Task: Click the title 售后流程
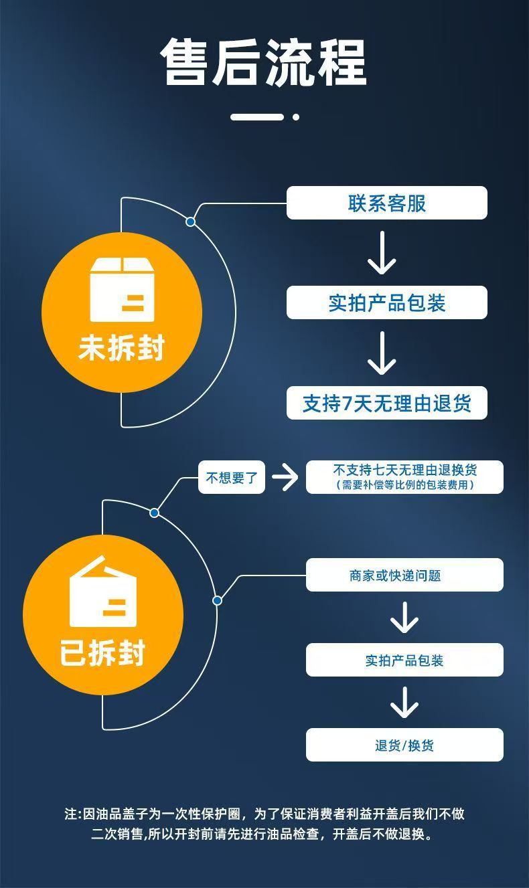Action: coord(264,63)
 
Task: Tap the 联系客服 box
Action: coord(386,203)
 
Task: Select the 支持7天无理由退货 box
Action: coord(386,403)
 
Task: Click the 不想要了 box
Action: coord(232,478)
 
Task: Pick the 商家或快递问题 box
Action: coord(404,575)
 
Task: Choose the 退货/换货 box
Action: coord(404,745)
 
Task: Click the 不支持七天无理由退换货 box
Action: coord(404,477)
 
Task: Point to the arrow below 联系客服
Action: coord(382,253)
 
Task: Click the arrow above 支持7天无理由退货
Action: coord(382,353)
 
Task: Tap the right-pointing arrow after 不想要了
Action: coord(285,478)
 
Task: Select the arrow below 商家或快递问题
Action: coord(404,617)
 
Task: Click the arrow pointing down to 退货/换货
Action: coord(404,702)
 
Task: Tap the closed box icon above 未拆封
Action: coord(122,289)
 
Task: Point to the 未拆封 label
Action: coord(122,348)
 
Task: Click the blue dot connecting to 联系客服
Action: coord(191,221)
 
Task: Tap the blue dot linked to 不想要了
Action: coord(155,513)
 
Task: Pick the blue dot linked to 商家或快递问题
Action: coord(217,600)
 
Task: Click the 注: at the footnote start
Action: coord(72,814)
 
